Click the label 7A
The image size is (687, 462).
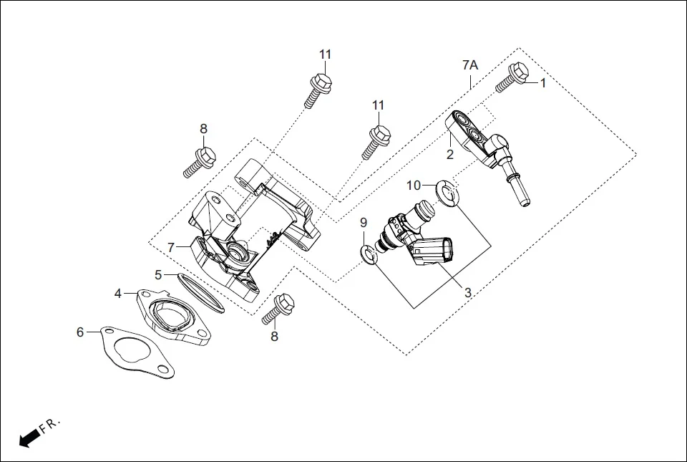click(469, 65)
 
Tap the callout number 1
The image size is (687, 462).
click(542, 83)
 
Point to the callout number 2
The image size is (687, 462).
click(450, 153)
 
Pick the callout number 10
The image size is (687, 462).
click(414, 186)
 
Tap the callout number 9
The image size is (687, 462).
click(364, 222)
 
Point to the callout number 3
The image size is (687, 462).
click(467, 292)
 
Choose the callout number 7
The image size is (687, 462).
click(171, 247)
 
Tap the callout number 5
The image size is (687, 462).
click(159, 274)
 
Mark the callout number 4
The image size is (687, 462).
click(118, 293)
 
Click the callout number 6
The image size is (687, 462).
click(81, 332)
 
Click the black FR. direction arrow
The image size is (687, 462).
click(29, 438)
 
